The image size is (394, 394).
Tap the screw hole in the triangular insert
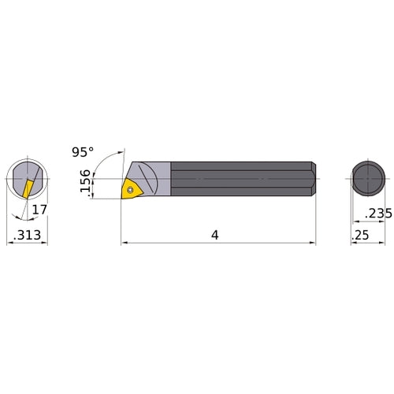131,188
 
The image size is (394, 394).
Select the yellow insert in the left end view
26,188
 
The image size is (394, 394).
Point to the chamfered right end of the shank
313,180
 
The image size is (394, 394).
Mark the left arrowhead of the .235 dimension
351,221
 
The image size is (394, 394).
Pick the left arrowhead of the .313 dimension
9,243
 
